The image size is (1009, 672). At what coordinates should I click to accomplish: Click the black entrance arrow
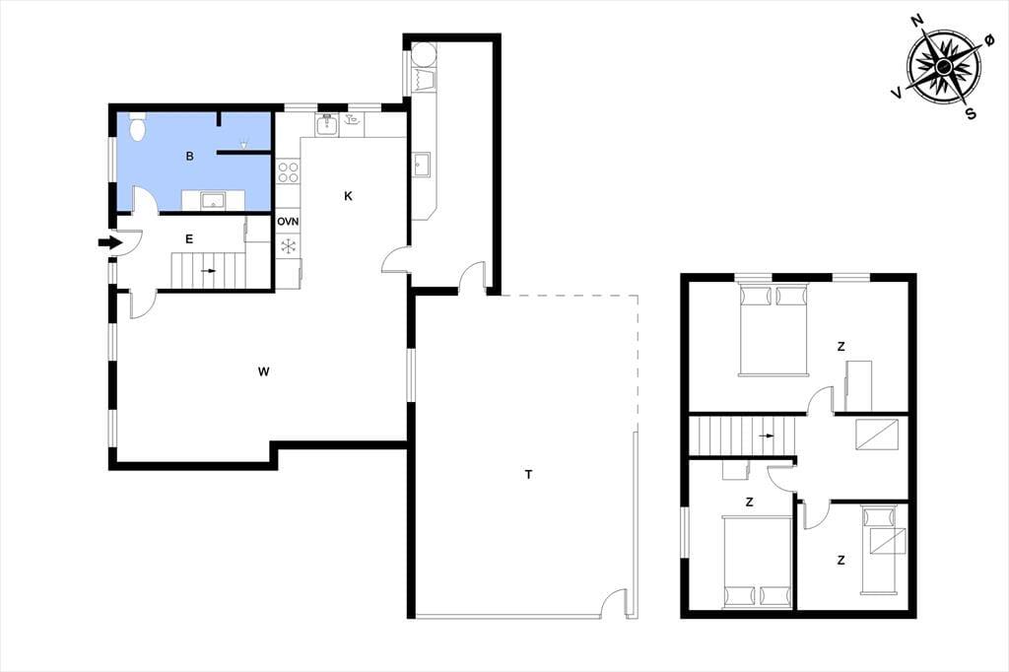point(109,242)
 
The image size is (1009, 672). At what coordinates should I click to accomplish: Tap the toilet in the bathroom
point(137,126)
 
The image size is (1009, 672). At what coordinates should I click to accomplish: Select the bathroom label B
point(189,156)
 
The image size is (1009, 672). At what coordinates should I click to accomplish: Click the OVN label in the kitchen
point(288,222)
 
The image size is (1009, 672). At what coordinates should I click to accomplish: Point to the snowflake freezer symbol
point(288,245)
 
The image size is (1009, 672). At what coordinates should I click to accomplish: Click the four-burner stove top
point(288,172)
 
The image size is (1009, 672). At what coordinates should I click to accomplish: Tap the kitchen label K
point(348,196)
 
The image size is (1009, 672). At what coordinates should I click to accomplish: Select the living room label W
point(263,371)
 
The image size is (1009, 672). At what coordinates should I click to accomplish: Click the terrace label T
point(528,475)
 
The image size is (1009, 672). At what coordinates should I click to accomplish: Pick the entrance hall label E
point(189,239)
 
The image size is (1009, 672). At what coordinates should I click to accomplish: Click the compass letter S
point(971,114)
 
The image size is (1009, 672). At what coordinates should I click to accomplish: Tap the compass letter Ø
point(989,40)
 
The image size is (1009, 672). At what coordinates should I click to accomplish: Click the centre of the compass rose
point(944,66)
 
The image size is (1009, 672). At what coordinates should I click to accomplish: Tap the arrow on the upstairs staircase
point(766,436)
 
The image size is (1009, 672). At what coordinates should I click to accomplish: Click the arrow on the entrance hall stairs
point(209,271)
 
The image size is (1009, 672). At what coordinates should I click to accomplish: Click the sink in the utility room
point(422,165)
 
